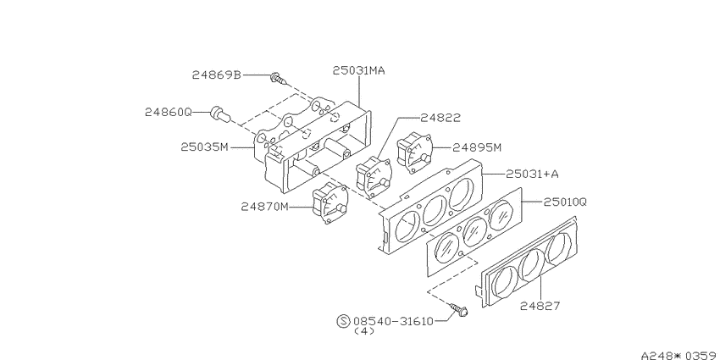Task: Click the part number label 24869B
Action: tap(216, 75)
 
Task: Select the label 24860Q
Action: tap(168, 112)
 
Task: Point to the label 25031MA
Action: tap(358, 70)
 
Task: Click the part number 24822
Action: tap(440, 118)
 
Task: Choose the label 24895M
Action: tap(477, 147)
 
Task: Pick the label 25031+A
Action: tap(532, 174)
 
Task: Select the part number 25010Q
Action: tap(565, 202)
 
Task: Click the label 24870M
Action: tap(265, 207)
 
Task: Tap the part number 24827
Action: tap(540, 305)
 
